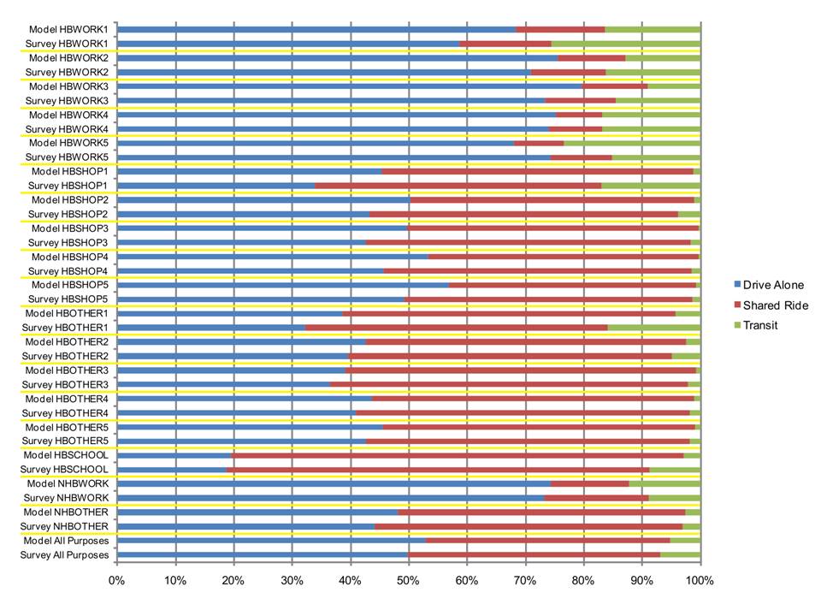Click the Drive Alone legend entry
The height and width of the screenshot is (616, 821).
point(772,285)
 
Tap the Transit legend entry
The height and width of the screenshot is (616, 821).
point(760,325)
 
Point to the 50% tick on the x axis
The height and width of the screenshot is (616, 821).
point(409,581)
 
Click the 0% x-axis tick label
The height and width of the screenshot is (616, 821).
point(116,581)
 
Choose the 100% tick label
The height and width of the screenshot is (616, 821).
point(700,581)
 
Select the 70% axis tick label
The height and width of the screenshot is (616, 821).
point(525,581)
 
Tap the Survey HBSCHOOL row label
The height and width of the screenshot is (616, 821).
point(67,470)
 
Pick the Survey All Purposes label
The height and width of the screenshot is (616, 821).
point(65,555)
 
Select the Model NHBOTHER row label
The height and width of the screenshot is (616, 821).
point(67,512)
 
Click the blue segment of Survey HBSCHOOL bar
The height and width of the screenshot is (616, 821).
point(171,470)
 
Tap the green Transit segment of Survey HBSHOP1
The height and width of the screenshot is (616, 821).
point(650,185)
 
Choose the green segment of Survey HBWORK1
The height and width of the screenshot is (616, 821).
point(625,43)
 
